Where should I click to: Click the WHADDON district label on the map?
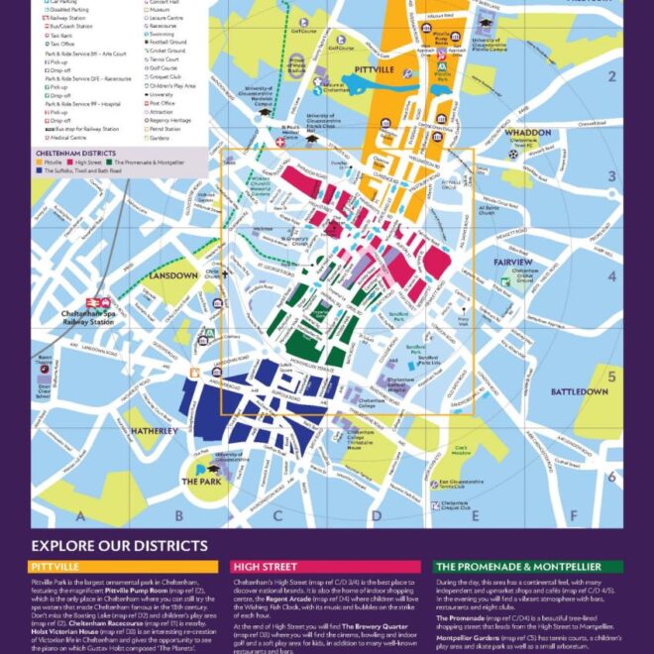point(528,133)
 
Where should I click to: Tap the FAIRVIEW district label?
point(513,262)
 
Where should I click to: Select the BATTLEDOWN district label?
point(580,392)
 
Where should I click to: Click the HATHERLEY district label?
point(155,431)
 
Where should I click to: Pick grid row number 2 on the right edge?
point(612,77)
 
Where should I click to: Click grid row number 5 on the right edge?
point(612,377)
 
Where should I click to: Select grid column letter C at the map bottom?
point(278,515)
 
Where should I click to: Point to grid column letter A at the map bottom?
point(80,515)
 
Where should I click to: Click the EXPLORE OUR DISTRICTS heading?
point(119,546)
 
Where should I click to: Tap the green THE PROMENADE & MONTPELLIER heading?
point(529,567)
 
